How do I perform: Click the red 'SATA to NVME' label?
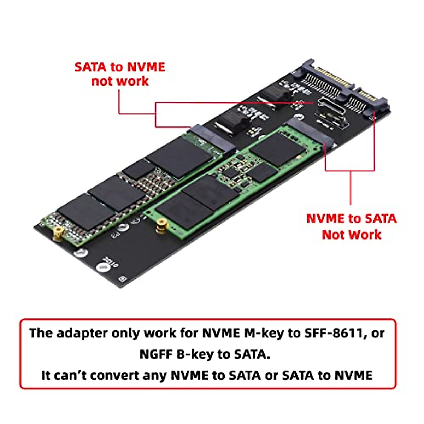click(x=119, y=67)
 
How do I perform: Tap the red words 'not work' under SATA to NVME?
click(x=120, y=81)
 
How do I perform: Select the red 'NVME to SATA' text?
click(x=351, y=219)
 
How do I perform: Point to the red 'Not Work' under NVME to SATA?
click(x=351, y=235)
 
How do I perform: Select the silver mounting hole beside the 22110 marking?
click(x=102, y=269)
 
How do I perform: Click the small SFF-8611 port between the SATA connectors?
click(x=330, y=108)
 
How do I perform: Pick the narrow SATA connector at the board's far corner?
click(x=367, y=101)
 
